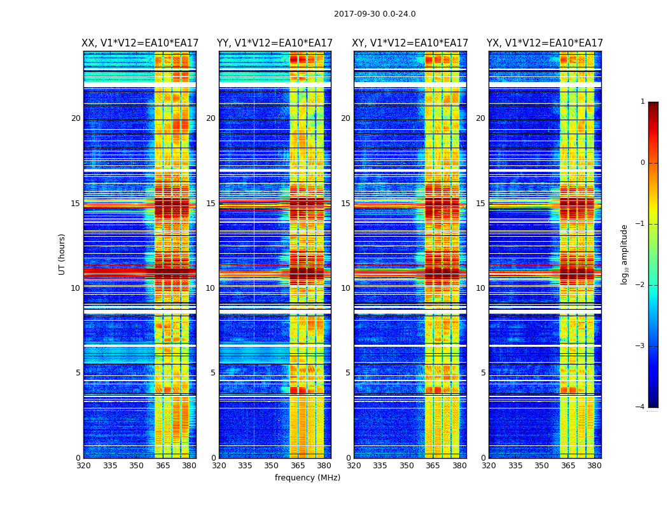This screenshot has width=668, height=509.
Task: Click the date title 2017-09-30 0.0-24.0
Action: tap(375, 14)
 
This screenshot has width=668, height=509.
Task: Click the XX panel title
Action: tap(140, 43)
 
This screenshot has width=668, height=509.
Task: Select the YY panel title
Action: tap(275, 43)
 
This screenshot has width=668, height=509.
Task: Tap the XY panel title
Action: tap(410, 43)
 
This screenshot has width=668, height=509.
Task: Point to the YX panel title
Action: tap(545, 43)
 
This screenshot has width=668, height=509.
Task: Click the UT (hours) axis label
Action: tap(62, 254)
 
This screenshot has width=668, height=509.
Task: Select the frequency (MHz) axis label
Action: tap(307, 478)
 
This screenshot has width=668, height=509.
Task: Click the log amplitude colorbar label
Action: tap(625, 254)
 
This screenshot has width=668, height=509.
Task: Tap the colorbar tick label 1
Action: tap(643, 102)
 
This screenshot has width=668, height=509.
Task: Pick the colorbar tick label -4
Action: tap(641, 407)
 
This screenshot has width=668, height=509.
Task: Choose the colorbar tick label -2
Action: tap(641, 285)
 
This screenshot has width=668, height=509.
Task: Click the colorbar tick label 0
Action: tap(643, 163)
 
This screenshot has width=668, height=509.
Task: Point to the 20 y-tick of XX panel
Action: tap(76, 118)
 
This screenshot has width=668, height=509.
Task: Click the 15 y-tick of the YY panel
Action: tap(211, 204)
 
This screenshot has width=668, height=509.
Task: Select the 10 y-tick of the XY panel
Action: tap(345, 288)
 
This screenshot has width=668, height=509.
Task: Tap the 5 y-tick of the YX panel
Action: tap(483, 373)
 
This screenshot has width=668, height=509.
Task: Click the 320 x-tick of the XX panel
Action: tap(83, 466)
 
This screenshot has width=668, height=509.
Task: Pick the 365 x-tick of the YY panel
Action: tap(298, 466)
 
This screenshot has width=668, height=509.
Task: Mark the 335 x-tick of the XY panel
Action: tap(380, 466)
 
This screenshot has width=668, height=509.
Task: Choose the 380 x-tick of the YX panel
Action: tap(594, 466)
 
